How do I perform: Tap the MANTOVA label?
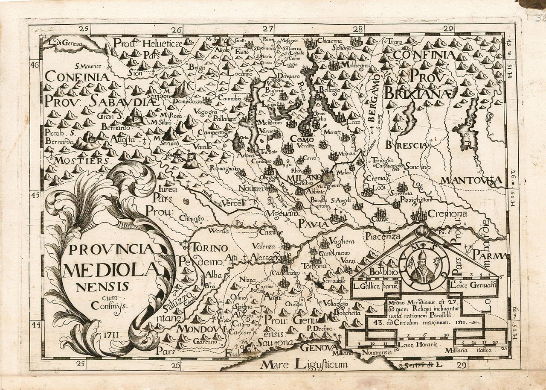470,181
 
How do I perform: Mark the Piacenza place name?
382,236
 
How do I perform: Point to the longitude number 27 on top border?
267,29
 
